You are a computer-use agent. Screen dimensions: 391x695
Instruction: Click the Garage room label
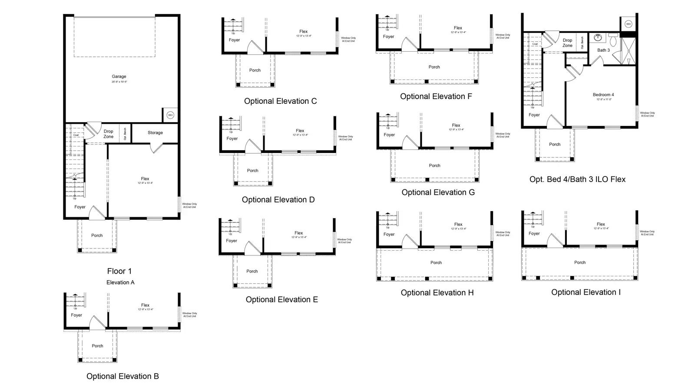pos(119,76)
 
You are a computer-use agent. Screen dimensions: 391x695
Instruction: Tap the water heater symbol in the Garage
pos(170,115)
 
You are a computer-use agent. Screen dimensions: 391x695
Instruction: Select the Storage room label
pos(155,133)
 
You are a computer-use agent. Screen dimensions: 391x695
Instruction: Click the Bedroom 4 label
pos(603,95)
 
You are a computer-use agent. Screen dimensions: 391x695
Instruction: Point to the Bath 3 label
pos(603,50)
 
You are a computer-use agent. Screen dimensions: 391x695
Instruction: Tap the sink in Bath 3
pos(598,38)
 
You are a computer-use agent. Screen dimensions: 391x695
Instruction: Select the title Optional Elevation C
pos(280,101)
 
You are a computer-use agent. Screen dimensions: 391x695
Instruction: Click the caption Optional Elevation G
pos(438,192)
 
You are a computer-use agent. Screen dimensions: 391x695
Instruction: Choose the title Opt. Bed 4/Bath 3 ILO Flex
pos(577,179)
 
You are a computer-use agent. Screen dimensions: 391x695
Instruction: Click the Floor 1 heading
pos(119,271)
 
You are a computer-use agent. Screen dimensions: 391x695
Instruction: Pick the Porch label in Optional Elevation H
pos(436,263)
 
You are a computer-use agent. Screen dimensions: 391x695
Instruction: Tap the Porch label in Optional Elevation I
pos(579,262)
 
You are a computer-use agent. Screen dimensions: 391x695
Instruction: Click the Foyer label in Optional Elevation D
pos(232,139)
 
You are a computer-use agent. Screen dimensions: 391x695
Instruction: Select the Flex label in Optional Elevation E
pos(298,233)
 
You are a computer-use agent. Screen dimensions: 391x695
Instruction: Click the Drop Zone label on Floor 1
pos(108,134)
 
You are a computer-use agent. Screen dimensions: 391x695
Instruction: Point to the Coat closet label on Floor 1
pos(76,135)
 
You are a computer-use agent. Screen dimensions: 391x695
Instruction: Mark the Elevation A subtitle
pos(120,282)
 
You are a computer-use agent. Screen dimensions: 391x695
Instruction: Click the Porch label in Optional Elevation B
pos(97,346)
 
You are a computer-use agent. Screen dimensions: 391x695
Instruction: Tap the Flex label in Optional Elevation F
pos(458,28)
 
